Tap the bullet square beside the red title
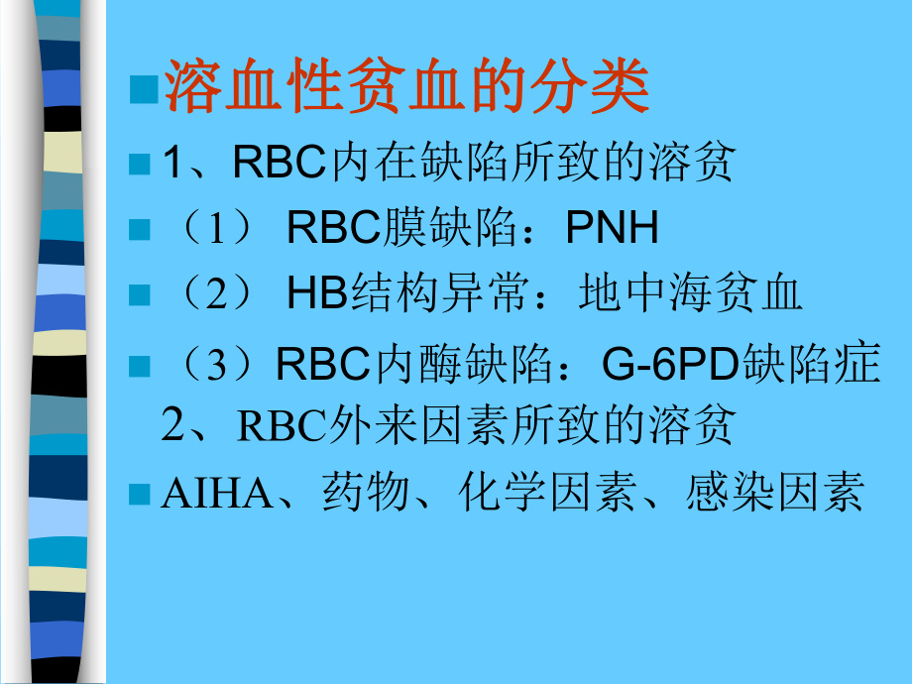(145, 90)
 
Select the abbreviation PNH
(612, 229)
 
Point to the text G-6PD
(664, 364)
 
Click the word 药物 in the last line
(357, 494)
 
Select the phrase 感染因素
(774, 494)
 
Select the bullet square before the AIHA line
(140, 493)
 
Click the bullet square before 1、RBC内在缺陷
(140, 163)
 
